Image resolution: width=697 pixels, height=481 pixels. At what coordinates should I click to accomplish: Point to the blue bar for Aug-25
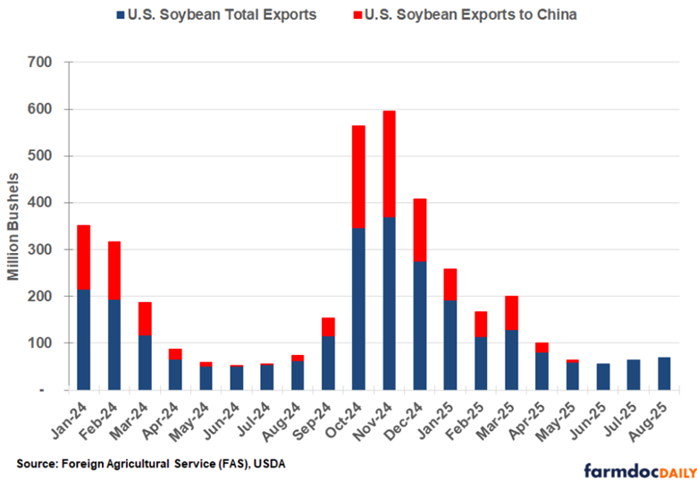[x=665, y=374]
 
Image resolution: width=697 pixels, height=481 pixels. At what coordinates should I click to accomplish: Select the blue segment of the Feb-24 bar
[x=114, y=344]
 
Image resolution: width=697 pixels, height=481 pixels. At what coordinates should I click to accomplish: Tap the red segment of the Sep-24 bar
[x=329, y=326]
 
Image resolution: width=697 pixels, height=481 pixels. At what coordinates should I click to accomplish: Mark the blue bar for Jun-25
[x=604, y=376]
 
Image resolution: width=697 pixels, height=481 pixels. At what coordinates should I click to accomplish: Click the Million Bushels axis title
[x=14, y=227]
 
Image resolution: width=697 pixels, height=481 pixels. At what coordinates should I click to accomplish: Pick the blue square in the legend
[x=121, y=15]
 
